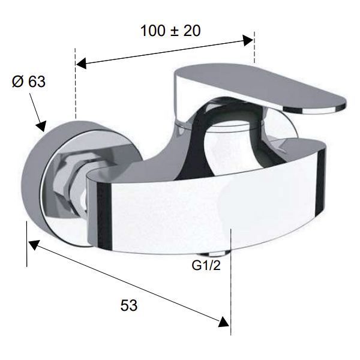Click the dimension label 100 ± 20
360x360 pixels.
pos(170,31)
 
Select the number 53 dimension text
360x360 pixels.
pos(129,305)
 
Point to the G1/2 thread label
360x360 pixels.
pos(206,266)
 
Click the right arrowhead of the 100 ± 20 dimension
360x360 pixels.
pos(248,41)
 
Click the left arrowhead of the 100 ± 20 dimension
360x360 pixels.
pos(81,63)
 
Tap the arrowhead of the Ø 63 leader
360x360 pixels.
pos(41,126)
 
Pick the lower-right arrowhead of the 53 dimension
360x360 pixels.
pos(224,322)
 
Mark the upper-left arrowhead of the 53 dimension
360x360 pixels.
pos(34,245)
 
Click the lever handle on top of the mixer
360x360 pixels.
pos(259,89)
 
